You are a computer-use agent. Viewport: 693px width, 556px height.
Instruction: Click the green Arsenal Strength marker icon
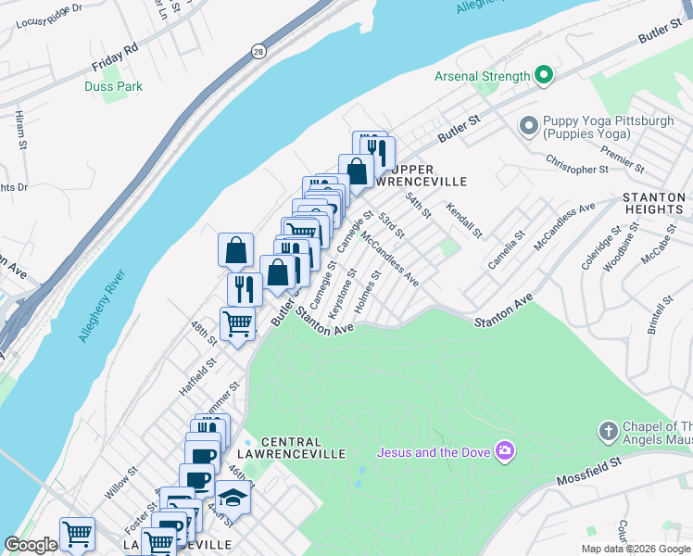point(544,76)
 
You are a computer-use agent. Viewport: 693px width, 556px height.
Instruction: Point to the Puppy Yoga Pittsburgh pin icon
point(529,124)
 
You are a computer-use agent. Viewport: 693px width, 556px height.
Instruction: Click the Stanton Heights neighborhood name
point(654,203)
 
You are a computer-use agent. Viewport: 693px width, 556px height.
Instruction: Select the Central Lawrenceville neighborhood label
point(291,448)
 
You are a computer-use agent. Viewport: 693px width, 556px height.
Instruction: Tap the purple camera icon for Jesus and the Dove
point(505,452)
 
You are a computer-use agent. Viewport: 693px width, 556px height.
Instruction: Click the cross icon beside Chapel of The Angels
point(608,432)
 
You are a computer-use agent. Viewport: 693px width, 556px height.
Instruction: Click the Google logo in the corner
point(30,545)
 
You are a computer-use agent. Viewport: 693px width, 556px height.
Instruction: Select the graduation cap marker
point(233,499)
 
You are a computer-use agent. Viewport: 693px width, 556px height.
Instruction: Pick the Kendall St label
point(464,219)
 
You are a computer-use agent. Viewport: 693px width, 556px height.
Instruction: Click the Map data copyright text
point(636,549)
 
